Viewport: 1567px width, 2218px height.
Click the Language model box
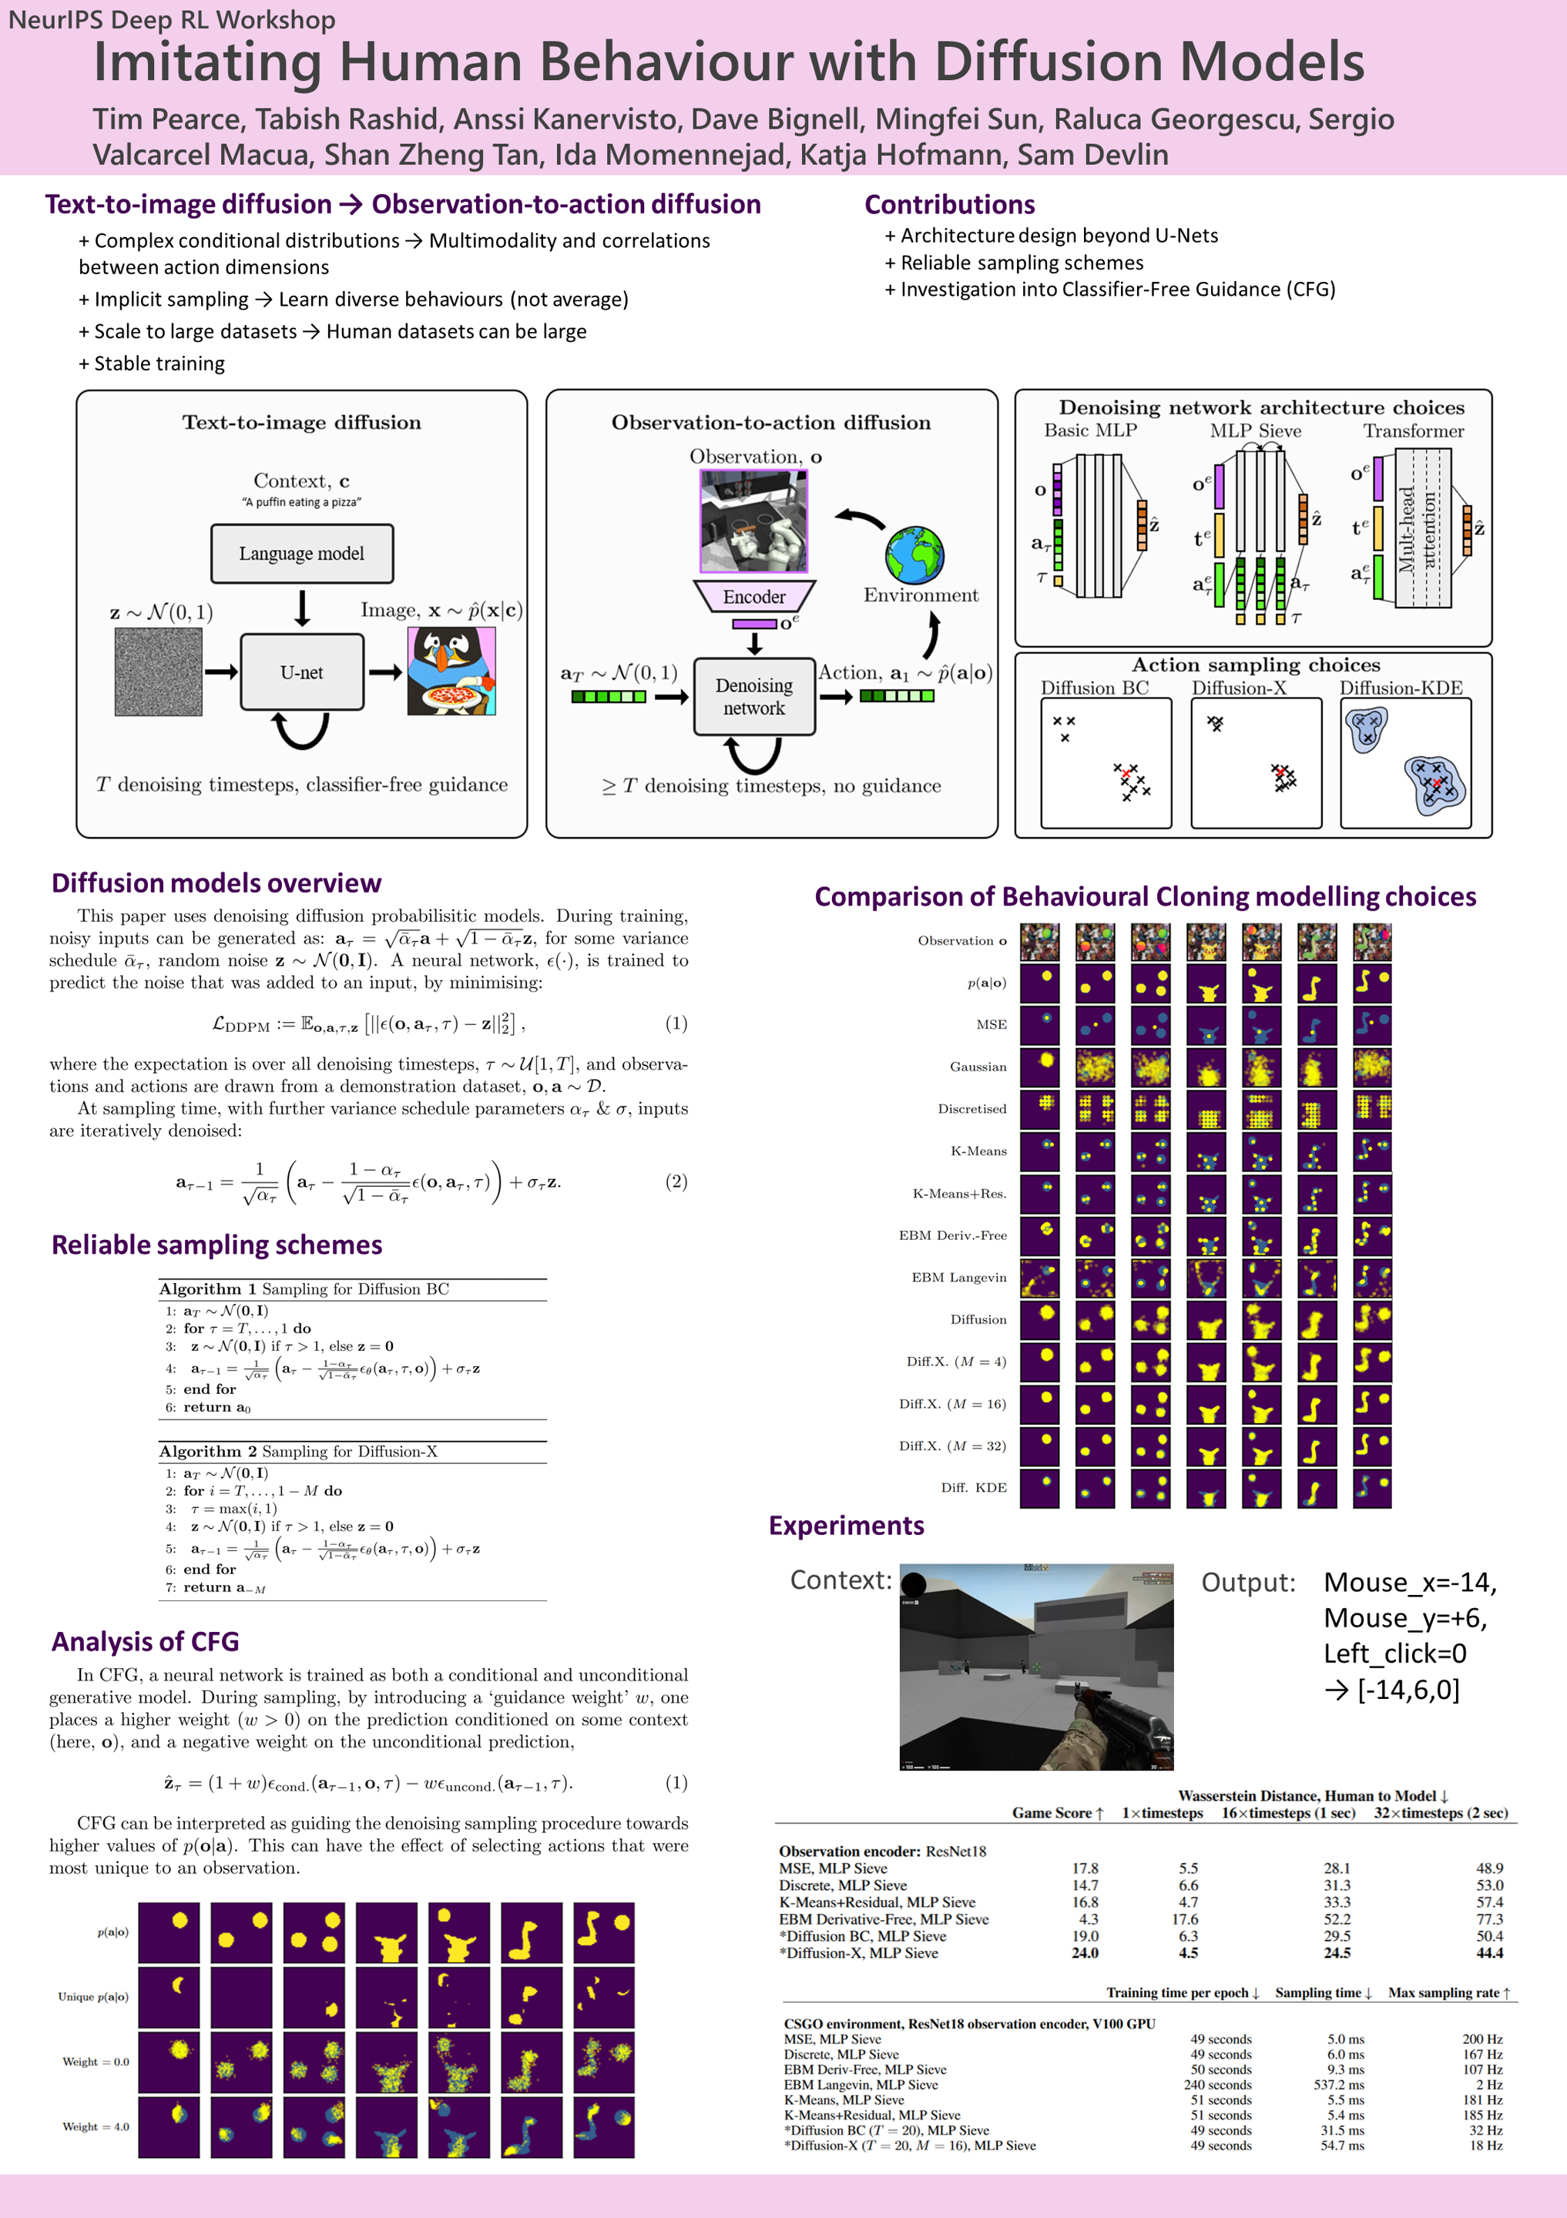pyautogui.click(x=301, y=554)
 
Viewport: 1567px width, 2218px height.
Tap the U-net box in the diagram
pyautogui.click(x=301, y=672)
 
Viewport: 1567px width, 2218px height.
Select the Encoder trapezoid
pyautogui.click(x=754, y=596)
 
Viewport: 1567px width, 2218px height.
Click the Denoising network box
pyautogui.click(x=753, y=696)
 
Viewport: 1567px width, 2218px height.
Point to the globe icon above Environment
pyautogui.click(x=914, y=554)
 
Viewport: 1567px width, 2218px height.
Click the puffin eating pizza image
pyautogui.click(x=451, y=672)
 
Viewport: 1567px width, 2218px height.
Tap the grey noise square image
pyautogui.click(x=159, y=672)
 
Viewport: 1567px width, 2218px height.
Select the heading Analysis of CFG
pyautogui.click(x=145, y=1641)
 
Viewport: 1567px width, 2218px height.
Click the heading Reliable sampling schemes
pyautogui.click(x=216, y=1245)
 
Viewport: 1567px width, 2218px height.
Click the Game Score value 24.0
pyautogui.click(x=1084, y=1952)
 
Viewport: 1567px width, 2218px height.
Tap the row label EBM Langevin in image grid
pyautogui.click(x=958, y=1277)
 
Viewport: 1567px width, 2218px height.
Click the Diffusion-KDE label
pyautogui.click(x=1400, y=688)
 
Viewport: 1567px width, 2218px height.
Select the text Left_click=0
pyautogui.click(x=1394, y=1653)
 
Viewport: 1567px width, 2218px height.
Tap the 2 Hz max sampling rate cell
pyautogui.click(x=1488, y=2084)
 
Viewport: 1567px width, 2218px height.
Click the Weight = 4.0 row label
pyautogui.click(x=96, y=2126)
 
